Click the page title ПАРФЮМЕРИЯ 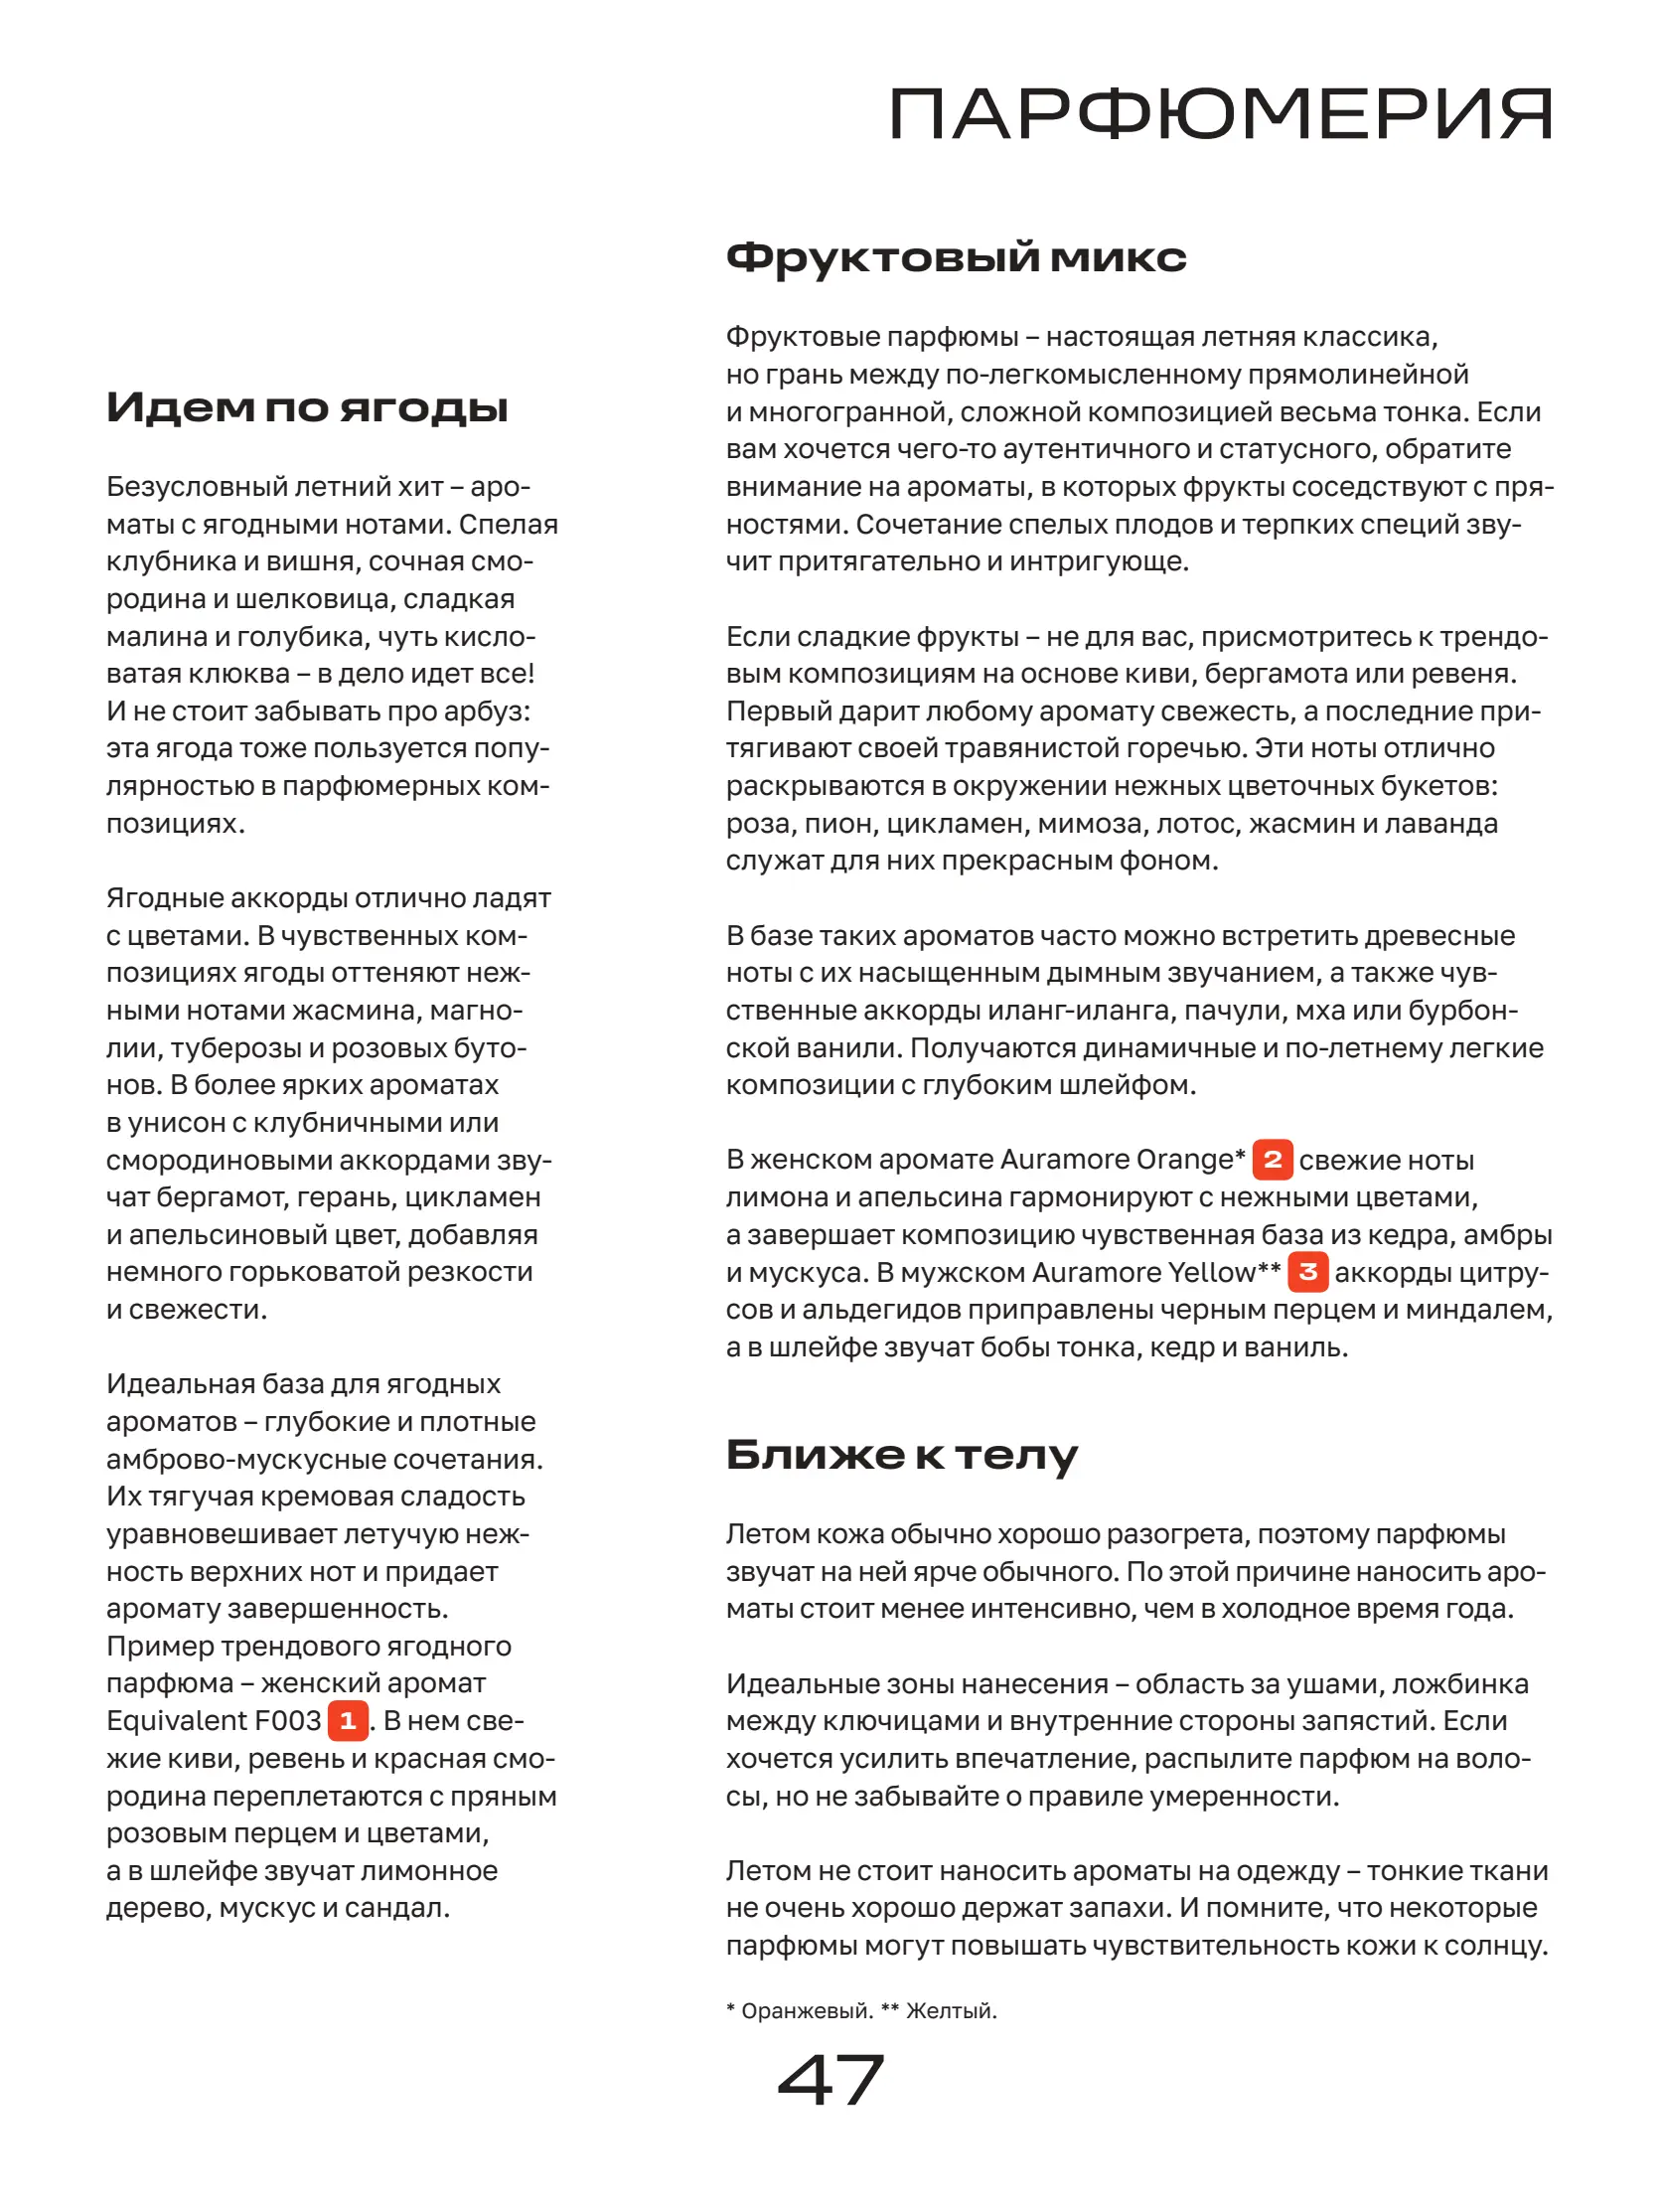pyautogui.click(x=1219, y=115)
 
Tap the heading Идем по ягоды pyautogui.click(x=307, y=407)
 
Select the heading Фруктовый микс pyautogui.click(x=956, y=258)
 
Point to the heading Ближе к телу pyautogui.click(x=900, y=1456)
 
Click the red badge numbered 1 pyautogui.click(x=348, y=1720)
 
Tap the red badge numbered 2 pyautogui.click(x=1272, y=1160)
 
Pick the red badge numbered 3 pyautogui.click(x=1307, y=1272)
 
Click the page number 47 pyautogui.click(x=831, y=2080)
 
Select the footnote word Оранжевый pyautogui.click(x=806, y=2011)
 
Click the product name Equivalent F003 pyautogui.click(x=214, y=1721)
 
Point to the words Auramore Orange pyautogui.click(x=1117, y=1160)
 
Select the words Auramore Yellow pyautogui.click(x=1142, y=1272)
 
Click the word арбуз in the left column pyautogui.click(x=495, y=711)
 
